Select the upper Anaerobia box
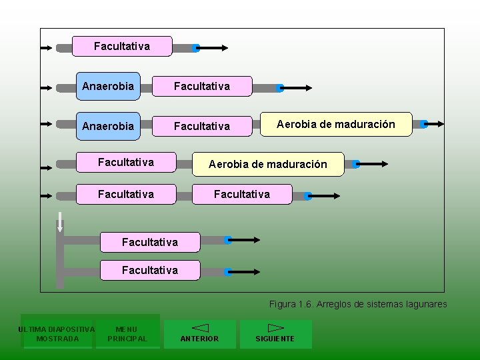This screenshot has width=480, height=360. pyautogui.click(x=108, y=86)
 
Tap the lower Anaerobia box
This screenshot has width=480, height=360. pyautogui.click(x=108, y=125)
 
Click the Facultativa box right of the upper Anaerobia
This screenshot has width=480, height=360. pyautogui.click(x=202, y=86)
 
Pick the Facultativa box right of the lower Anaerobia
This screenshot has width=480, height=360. pyautogui.click(x=202, y=125)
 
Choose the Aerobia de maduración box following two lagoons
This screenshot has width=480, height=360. pyautogui.click(x=336, y=124)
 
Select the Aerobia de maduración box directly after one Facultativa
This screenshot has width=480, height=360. pyautogui.click(x=268, y=164)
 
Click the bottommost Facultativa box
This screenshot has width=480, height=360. pyautogui.click(x=150, y=270)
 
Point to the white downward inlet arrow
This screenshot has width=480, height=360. pyautogui.click(x=60, y=222)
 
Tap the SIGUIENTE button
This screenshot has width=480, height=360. pyautogui.click(x=275, y=333)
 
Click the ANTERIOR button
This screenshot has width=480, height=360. pyautogui.click(x=200, y=333)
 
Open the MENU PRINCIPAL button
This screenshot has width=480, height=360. pyautogui.click(x=127, y=333)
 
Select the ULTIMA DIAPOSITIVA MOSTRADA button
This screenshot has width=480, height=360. pyautogui.click(x=57, y=333)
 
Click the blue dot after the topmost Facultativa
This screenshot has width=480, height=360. pyautogui.click(x=196, y=48)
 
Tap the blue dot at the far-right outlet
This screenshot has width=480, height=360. pyautogui.click(x=423, y=124)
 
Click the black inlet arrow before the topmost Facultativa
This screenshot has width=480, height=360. pyautogui.click(x=47, y=48)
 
